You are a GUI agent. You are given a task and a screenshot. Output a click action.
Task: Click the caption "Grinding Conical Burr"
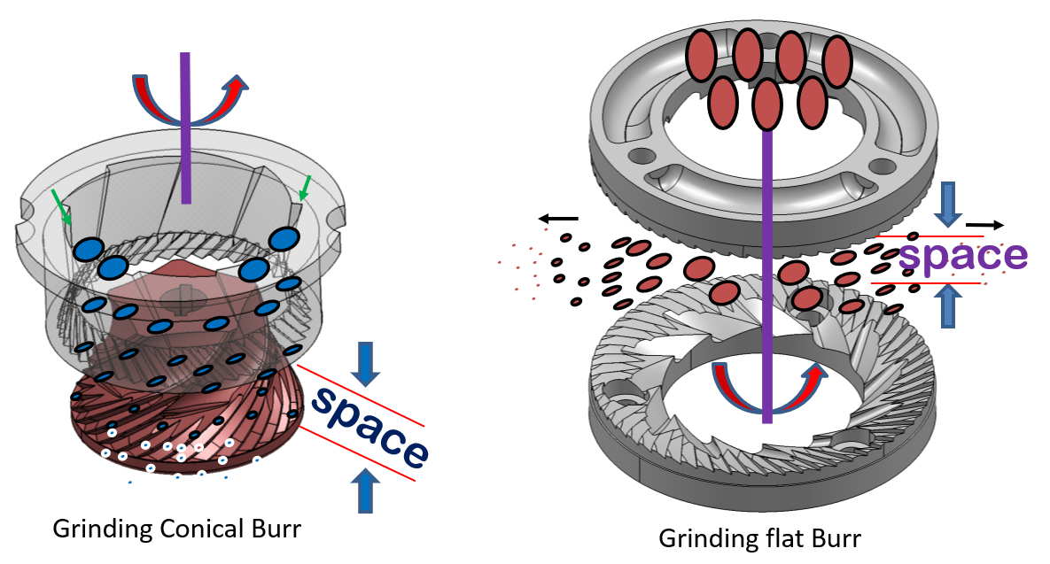[176, 529]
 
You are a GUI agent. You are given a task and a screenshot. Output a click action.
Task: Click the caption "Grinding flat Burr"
[759, 537]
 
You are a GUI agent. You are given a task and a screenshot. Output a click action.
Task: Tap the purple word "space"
[963, 255]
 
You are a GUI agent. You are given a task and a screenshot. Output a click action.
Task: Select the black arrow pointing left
[557, 218]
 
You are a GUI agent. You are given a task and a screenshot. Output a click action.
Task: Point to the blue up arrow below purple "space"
[948, 305]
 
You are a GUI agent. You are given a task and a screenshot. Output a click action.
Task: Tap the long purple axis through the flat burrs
[766, 266]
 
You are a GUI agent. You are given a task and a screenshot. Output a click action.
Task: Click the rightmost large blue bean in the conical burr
[284, 238]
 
